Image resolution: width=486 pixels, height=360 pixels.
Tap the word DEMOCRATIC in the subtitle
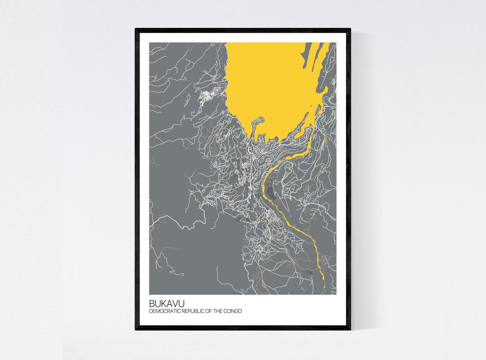[x=164, y=311]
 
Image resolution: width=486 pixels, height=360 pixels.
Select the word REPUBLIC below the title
[x=193, y=311]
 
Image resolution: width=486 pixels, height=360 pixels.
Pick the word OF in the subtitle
[x=209, y=311]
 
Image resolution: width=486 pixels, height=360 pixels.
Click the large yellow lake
[x=270, y=85]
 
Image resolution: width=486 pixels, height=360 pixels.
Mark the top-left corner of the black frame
[x=135, y=29]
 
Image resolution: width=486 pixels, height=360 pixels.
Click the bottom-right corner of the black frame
[x=350, y=330]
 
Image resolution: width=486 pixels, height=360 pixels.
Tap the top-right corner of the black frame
[x=350, y=29]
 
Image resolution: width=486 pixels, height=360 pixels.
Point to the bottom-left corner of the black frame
[x=135, y=330]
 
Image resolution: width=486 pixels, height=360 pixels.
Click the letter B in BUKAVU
[x=152, y=304]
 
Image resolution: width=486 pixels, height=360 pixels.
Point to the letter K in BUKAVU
[x=162, y=304]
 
